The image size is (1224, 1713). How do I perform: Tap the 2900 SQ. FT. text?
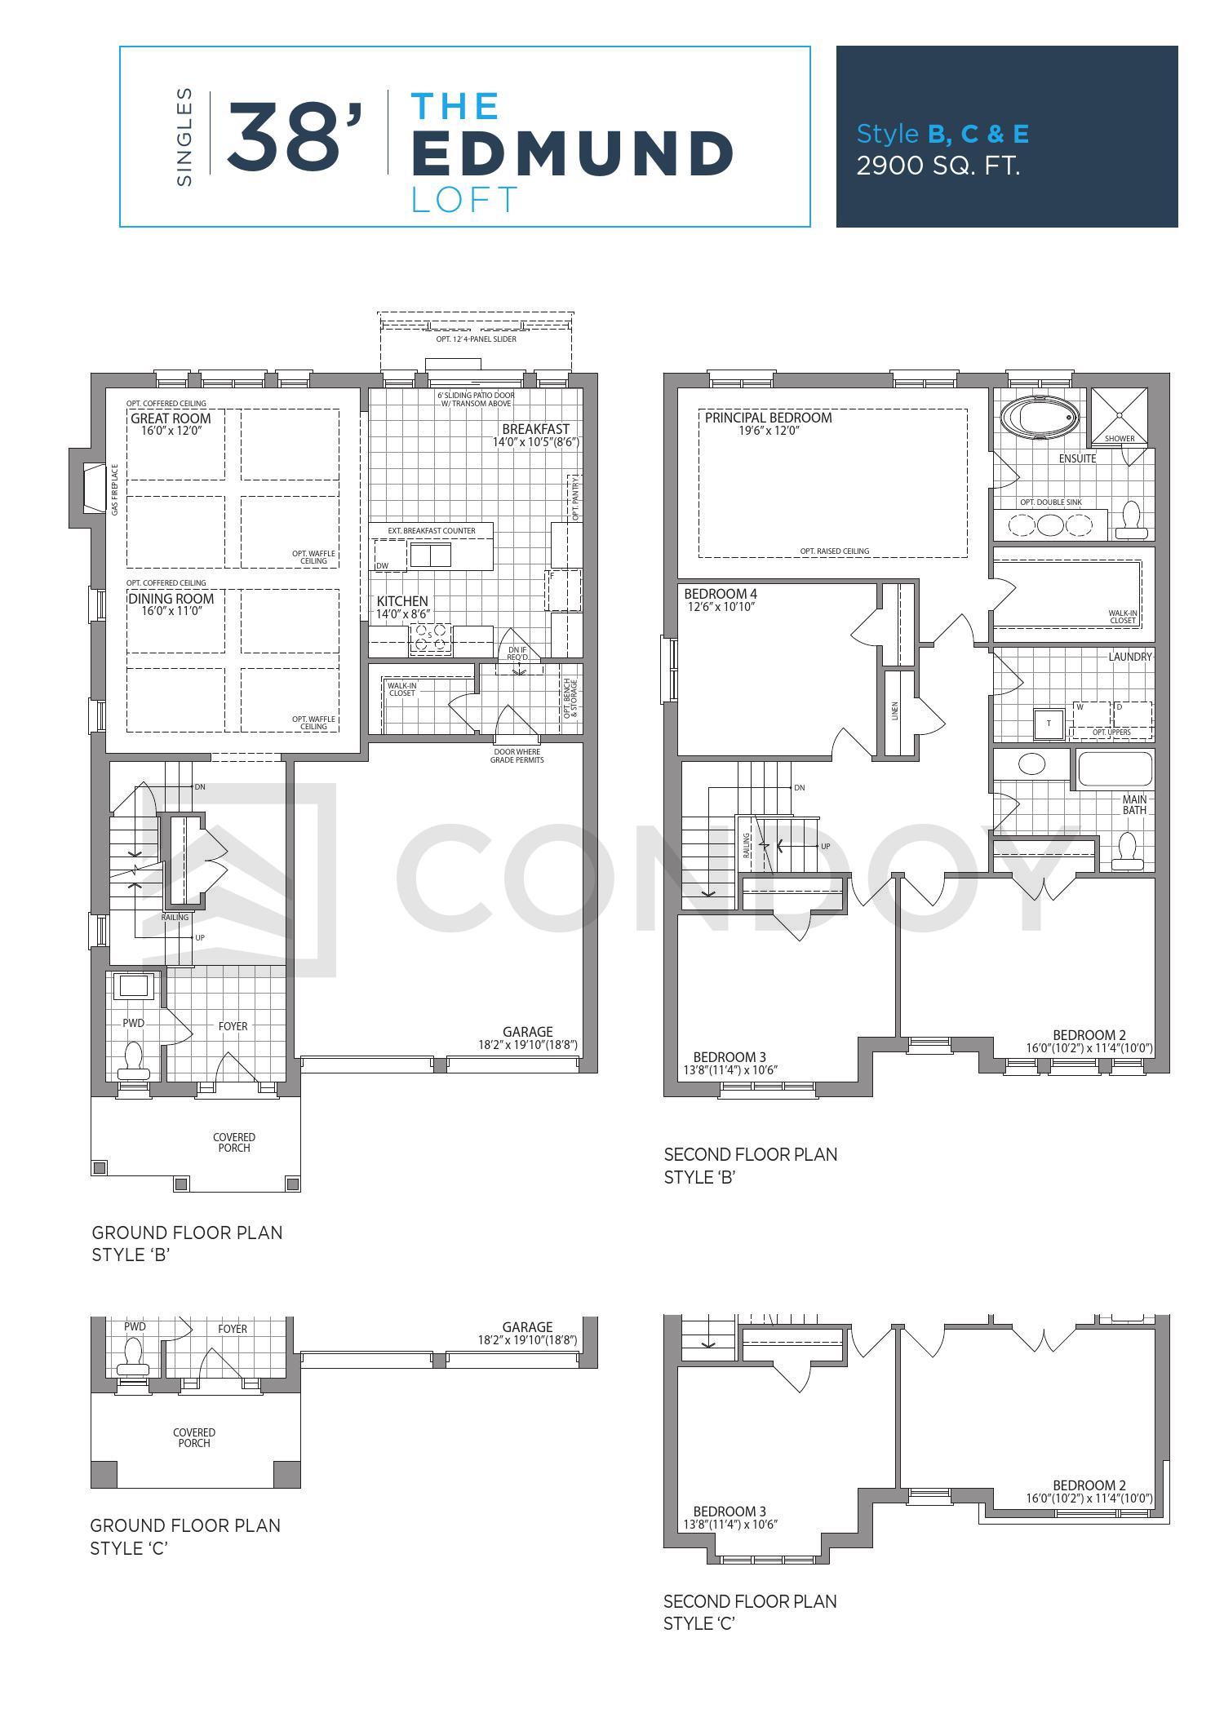[x=938, y=166]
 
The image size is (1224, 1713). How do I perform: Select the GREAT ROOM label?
[x=171, y=418]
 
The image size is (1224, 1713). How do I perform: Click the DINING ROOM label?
[x=171, y=599]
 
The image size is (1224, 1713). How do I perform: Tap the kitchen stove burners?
[x=430, y=636]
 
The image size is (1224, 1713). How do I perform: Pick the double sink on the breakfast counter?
[x=430, y=555]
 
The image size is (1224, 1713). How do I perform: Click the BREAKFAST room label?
[x=535, y=429]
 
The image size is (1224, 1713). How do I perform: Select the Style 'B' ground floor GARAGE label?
[x=527, y=1032]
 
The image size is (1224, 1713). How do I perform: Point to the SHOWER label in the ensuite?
[x=1120, y=438]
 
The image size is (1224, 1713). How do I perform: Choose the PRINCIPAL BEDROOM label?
[x=768, y=418]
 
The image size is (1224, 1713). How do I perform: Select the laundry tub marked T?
[x=1049, y=724]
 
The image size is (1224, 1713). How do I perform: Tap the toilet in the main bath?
[x=1129, y=849]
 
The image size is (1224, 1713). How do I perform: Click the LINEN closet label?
[x=894, y=711]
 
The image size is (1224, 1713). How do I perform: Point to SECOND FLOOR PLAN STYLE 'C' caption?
[x=750, y=1612]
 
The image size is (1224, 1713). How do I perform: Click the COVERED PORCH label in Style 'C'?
[x=194, y=1437]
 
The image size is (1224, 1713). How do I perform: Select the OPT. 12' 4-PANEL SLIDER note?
[x=476, y=339]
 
